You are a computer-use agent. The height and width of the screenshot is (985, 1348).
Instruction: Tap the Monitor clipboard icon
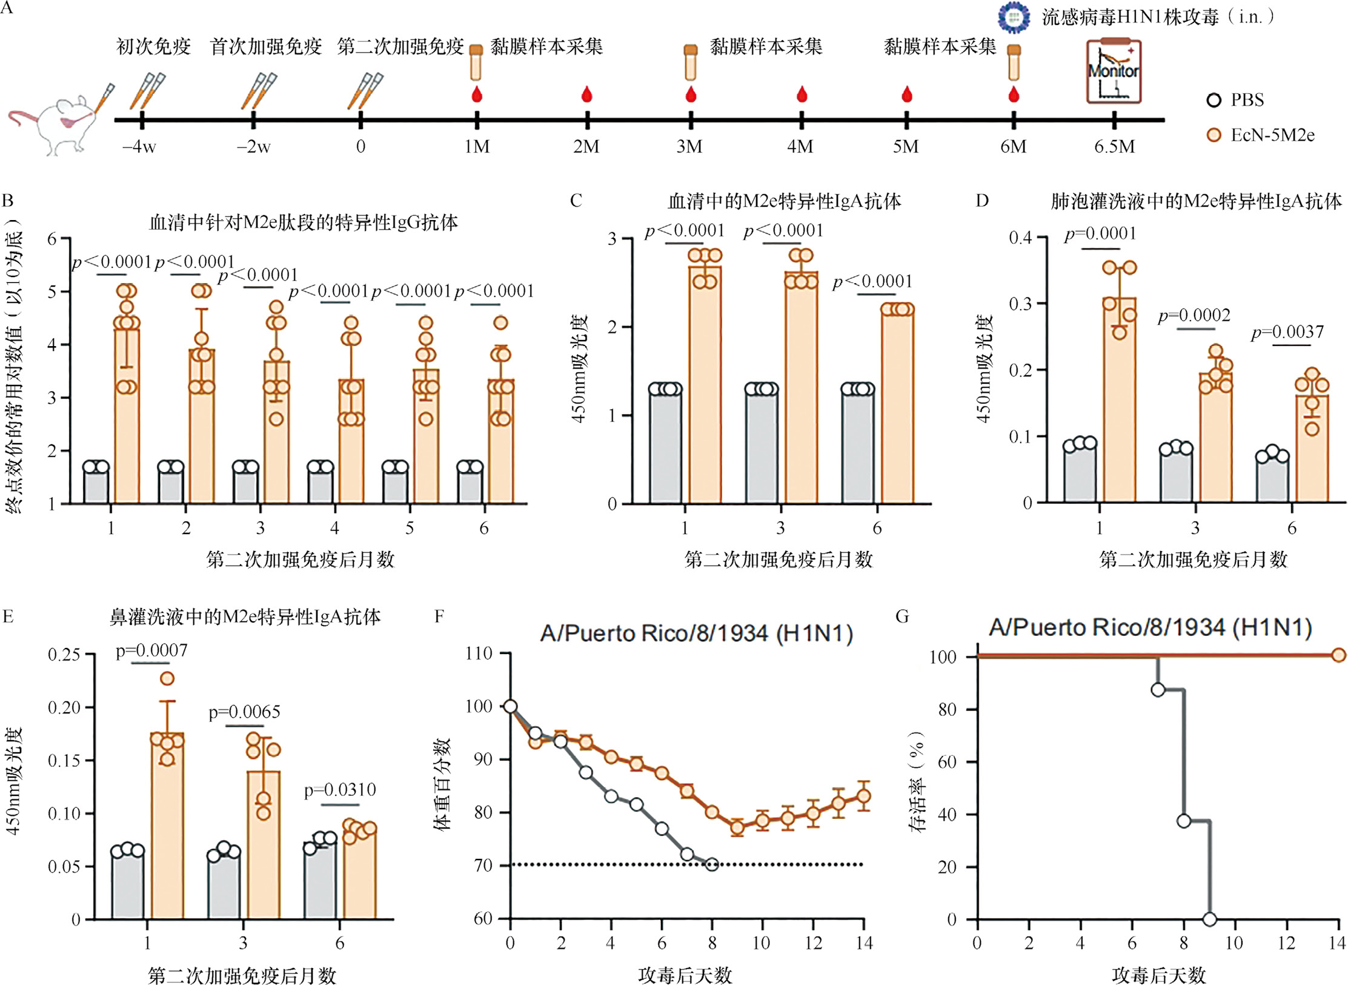(1114, 72)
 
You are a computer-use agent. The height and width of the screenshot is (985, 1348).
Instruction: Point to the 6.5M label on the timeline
(1114, 147)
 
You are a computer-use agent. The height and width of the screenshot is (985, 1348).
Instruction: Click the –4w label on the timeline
(139, 147)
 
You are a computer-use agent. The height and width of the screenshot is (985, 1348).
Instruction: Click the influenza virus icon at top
(1014, 16)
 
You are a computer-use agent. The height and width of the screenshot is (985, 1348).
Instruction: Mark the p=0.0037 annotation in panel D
(1287, 332)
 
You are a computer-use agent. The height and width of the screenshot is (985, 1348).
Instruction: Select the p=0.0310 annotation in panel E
(340, 790)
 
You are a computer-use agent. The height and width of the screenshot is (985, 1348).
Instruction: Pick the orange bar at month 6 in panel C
(897, 406)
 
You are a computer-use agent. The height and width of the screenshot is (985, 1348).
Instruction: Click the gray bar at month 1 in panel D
(1080, 473)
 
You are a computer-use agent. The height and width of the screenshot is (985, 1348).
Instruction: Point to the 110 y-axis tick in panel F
(479, 653)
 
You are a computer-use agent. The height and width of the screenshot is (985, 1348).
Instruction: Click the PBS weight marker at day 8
(712, 864)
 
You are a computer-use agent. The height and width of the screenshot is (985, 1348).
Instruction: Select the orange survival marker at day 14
(1338, 655)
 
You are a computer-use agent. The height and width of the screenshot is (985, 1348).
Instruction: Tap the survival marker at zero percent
(1209, 919)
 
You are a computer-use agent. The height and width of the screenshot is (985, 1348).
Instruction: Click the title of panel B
(303, 223)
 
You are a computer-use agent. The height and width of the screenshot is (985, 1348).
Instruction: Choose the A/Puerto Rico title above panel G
(1150, 627)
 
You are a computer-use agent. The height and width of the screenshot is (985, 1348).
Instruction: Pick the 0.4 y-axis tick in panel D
(1020, 238)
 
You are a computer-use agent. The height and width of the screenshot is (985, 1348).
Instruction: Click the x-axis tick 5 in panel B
(410, 528)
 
